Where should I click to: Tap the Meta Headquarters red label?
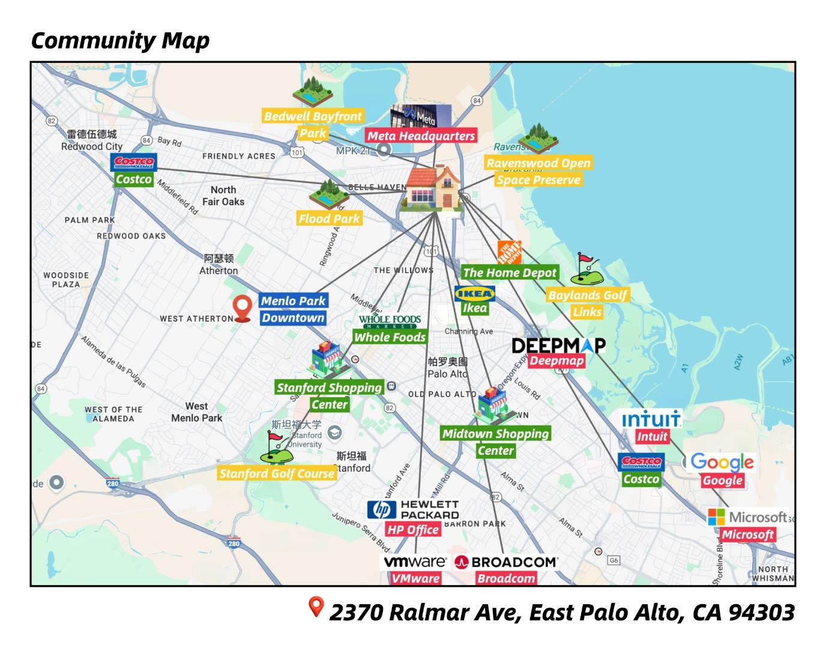pos(421,136)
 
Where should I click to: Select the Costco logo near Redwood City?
pos(134,162)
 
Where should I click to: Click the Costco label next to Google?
pos(641,479)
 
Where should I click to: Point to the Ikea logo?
pos(475,293)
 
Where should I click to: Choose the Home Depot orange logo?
pos(509,253)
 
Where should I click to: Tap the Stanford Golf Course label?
pos(277,473)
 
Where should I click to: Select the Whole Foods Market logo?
pos(390,321)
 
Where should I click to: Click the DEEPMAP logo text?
pos(558,346)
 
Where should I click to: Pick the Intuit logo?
pos(651,419)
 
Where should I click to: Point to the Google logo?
pos(722,461)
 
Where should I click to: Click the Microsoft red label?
pos(748,534)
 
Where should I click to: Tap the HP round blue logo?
pos(382,509)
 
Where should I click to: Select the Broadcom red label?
pos(505,578)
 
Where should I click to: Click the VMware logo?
pos(415,562)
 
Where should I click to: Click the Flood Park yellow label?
pos(330,218)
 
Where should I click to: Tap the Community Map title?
pos(120,40)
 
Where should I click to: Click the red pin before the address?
pos(316,607)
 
